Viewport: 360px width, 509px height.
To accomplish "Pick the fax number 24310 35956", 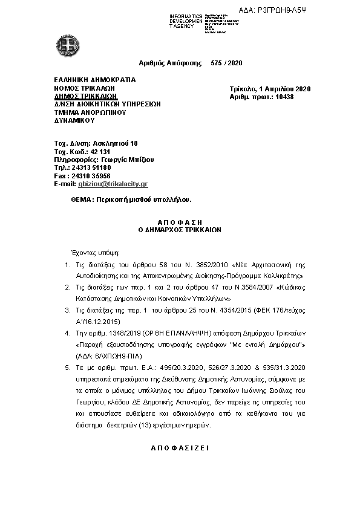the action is [x=89, y=175].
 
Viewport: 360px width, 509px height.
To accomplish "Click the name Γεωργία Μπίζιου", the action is [x=129, y=159].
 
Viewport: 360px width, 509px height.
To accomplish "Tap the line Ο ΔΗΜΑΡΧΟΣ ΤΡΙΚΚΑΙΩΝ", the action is [x=180, y=230].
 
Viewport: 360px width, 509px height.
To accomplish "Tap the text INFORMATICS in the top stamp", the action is [x=186, y=15].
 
